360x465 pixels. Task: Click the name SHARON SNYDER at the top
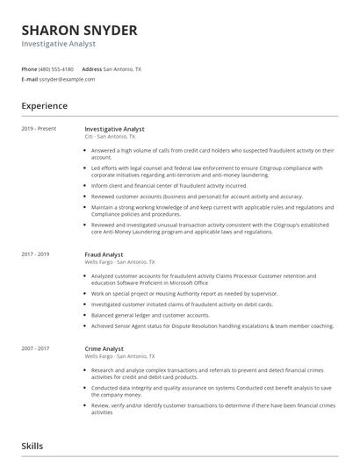point(79,30)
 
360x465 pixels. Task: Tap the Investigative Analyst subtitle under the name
point(58,44)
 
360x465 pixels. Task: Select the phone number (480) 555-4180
point(57,68)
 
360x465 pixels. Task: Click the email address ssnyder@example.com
point(66,78)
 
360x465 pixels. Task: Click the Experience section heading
point(44,106)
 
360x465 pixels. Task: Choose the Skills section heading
point(32,446)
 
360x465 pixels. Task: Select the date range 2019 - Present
point(39,129)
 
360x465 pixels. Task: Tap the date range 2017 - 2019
point(36,254)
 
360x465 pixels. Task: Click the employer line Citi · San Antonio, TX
point(110,137)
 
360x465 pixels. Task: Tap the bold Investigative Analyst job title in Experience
point(119,129)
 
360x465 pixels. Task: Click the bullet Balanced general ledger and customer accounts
point(150,314)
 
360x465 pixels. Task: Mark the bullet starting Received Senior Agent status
point(212,325)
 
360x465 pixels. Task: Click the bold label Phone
point(29,68)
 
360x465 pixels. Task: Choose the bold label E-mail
point(29,78)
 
